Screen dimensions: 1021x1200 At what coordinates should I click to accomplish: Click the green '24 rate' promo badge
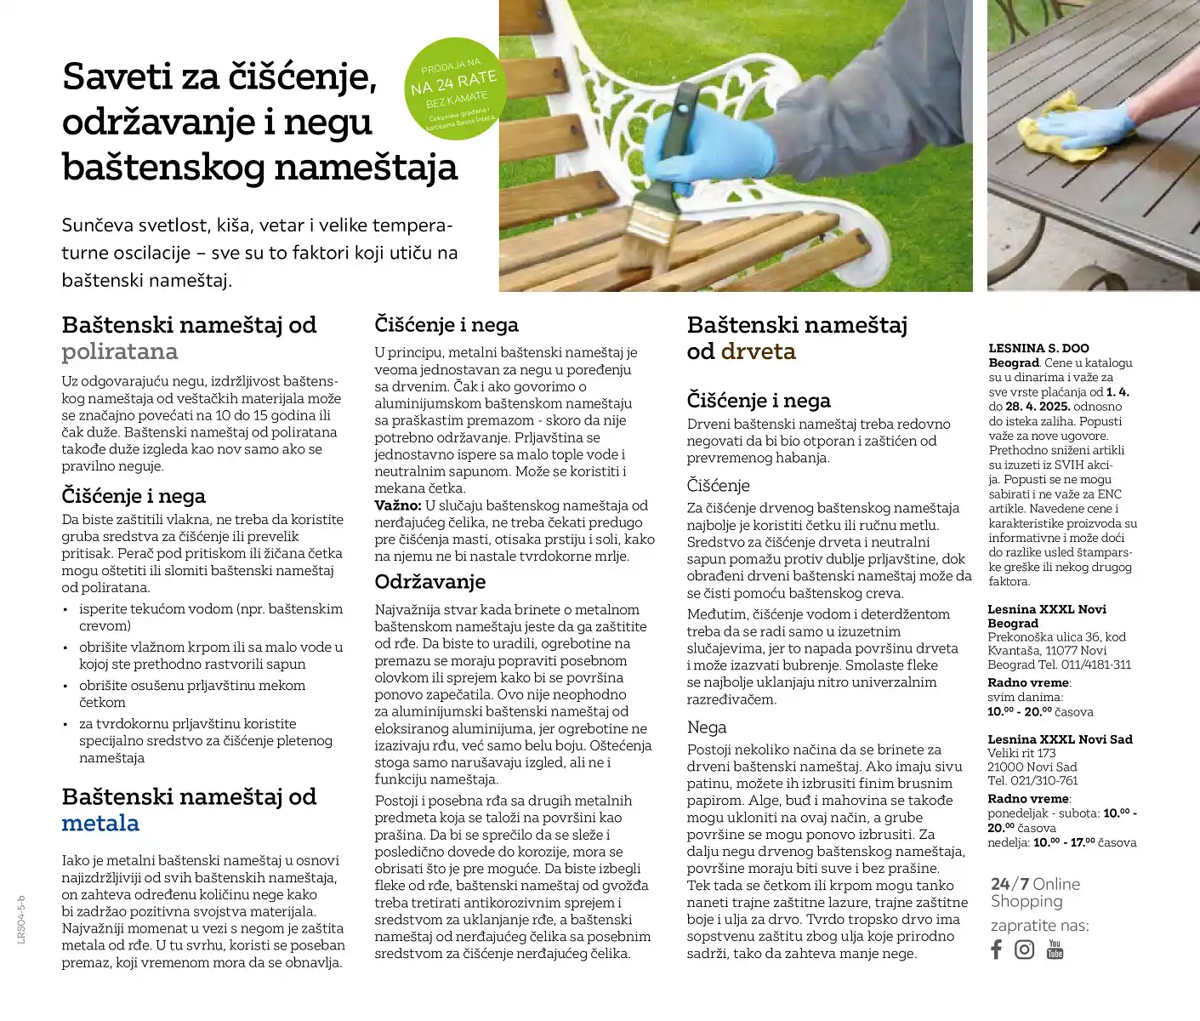453,88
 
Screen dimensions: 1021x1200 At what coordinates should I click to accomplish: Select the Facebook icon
997,950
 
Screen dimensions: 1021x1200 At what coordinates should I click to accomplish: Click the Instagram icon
1025,950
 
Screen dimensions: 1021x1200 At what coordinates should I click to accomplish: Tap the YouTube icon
1055,950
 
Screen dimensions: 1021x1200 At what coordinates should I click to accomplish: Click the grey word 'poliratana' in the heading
120,351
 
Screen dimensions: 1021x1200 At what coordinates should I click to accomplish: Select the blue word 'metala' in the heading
100,823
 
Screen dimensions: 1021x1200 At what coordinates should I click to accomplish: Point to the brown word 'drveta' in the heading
758,351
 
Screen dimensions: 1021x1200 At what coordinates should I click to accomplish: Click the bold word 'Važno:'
398,505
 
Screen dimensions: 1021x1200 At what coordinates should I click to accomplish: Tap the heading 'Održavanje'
430,582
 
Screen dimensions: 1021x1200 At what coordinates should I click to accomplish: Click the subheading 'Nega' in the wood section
707,727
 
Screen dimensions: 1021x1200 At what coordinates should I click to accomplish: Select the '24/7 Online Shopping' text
1034,893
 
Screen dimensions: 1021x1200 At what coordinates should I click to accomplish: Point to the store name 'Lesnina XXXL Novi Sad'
1060,739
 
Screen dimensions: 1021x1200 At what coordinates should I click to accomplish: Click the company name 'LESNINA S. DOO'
1038,348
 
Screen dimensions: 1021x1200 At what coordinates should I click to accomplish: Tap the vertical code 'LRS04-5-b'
21,919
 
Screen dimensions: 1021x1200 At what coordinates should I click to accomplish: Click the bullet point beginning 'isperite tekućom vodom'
211,617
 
